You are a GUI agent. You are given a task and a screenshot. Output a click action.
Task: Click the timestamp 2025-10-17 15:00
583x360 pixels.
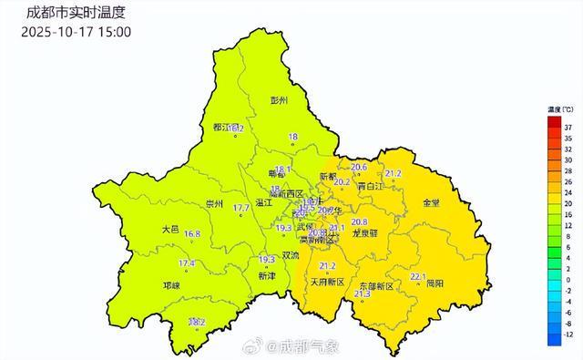point(76,32)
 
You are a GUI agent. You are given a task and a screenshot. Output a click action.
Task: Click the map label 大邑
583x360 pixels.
point(170,230)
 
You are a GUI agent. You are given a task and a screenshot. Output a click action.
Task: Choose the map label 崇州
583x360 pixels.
point(216,203)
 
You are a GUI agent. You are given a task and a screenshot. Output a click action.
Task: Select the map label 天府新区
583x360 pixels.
point(328,283)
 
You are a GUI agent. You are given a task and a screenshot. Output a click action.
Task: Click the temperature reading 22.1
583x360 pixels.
point(418,275)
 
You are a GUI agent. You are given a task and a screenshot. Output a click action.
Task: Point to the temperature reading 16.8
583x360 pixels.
point(193,234)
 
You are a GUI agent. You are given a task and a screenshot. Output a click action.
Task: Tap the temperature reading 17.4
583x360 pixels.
point(187,263)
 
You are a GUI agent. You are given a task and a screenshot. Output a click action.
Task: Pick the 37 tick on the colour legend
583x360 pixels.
point(567,128)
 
